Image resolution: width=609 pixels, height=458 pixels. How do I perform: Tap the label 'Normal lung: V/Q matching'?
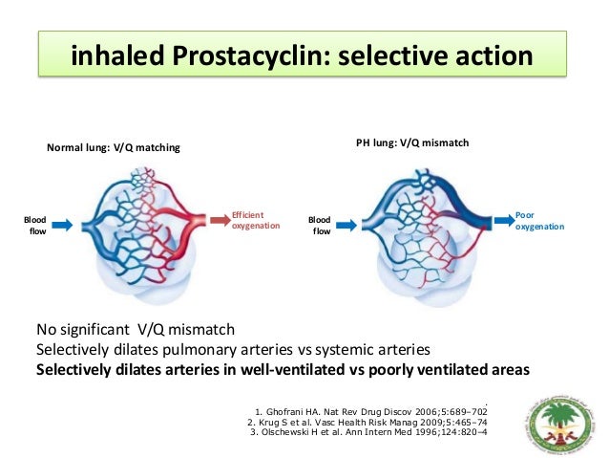coord(114,148)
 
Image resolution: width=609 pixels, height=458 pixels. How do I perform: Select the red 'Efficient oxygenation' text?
coord(255,220)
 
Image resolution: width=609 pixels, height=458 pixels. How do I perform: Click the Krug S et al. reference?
coord(367,422)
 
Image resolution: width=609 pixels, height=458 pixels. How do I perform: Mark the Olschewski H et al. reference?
coord(367,433)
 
